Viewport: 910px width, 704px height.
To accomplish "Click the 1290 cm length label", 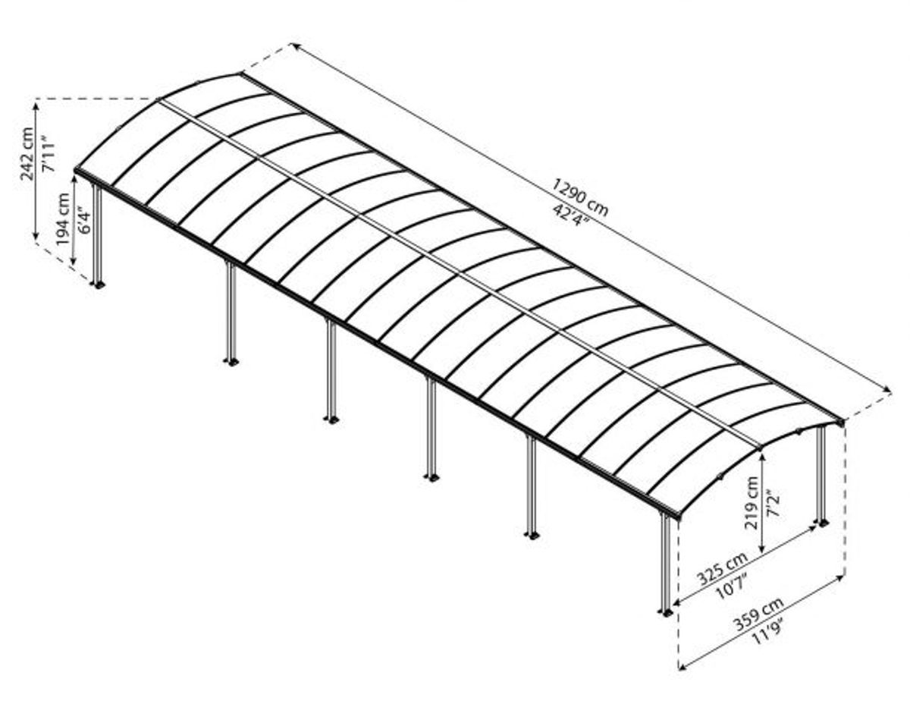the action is click(x=579, y=197).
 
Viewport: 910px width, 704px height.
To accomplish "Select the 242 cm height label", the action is click(x=27, y=154).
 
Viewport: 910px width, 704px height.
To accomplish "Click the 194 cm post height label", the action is click(x=63, y=219).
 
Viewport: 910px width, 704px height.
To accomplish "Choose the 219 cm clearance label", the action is click(x=752, y=503).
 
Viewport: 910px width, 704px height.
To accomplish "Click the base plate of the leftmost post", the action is click(x=98, y=284).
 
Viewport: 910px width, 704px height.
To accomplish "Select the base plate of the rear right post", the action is click(x=821, y=523).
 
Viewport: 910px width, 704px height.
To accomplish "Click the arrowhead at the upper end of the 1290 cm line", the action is click(x=296, y=46).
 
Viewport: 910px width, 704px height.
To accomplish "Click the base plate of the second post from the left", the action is click(x=231, y=362).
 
